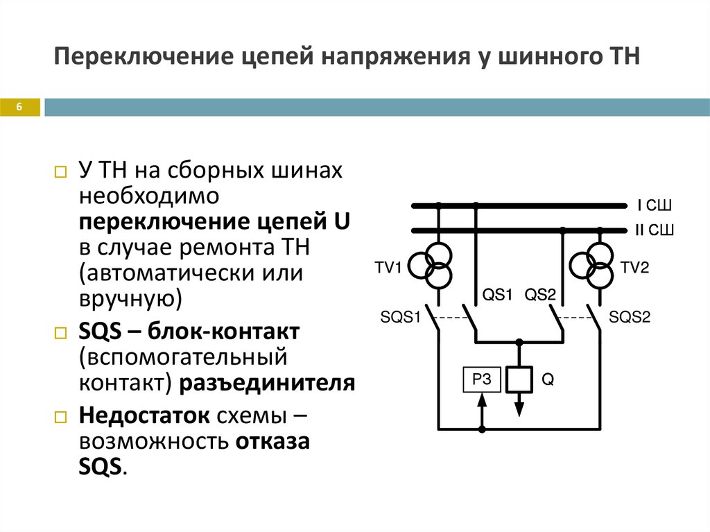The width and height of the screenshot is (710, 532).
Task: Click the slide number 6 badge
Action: click(x=20, y=107)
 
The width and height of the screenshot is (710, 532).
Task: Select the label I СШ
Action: click(x=655, y=206)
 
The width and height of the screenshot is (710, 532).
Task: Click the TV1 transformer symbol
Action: click(x=431, y=265)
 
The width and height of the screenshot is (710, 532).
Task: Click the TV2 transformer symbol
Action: click(x=591, y=265)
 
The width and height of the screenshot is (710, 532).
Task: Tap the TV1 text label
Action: click(x=388, y=268)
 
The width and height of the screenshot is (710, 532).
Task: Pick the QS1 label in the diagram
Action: click(x=497, y=295)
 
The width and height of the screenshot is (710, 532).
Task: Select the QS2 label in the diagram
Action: click(x=541, y=295)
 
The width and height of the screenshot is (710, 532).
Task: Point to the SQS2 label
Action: click(x=630, y=318)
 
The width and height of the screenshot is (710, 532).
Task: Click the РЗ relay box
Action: click(x=481, y=379)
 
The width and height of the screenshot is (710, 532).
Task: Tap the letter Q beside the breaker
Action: click(x=547, y=379)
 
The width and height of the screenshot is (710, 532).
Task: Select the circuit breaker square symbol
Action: click(x=518, y=379)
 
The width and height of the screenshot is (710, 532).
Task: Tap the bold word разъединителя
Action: click(x=268, y=384)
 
